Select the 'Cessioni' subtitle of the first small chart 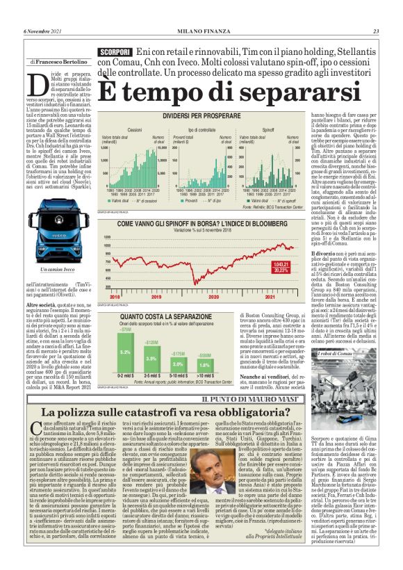[x=135, y=130]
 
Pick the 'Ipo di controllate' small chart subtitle [x=201, y=130]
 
